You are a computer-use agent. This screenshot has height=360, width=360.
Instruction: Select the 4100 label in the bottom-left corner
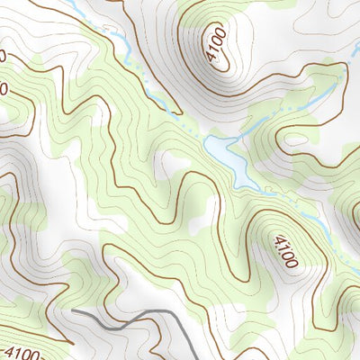tap(28, 349)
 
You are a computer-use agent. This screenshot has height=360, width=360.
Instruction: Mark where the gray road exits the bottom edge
tap(199, 358)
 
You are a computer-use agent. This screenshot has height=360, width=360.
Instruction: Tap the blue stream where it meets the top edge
tap(68, 2)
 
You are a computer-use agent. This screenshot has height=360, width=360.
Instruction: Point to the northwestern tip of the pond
tap(208, 139)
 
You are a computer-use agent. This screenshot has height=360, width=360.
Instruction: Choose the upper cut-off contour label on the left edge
tap(3, 56)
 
